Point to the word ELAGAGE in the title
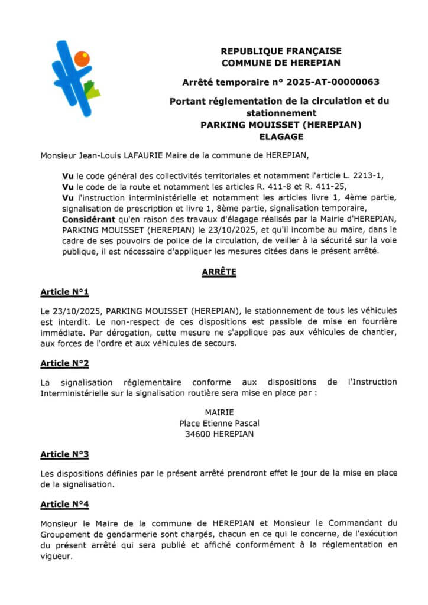(281, 136)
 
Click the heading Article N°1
(64, 292)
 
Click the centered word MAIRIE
(219, 412)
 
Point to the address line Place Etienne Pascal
(219, 423)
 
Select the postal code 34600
(201, 434)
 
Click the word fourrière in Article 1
(378, 321)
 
